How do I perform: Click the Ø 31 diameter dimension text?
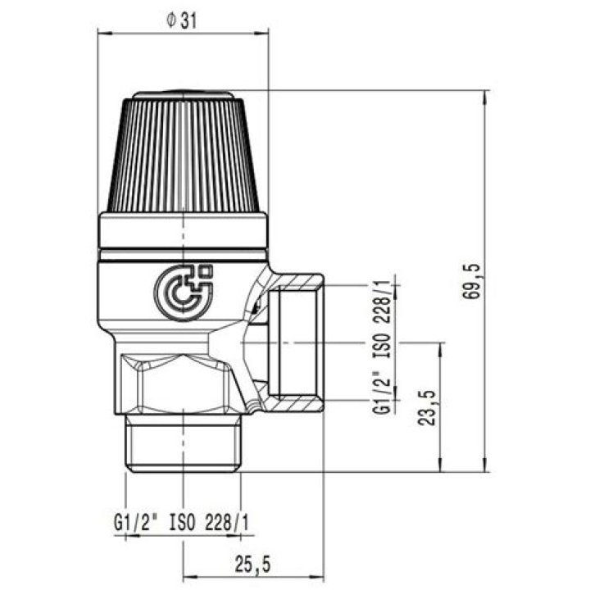(x=182, y=21)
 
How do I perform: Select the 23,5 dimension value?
(x=427, y=408)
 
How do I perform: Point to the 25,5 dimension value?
(x=253, y=564)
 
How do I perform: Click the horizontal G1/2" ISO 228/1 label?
(x=181, y=522)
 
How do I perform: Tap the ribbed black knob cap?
(x=184, y=152)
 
